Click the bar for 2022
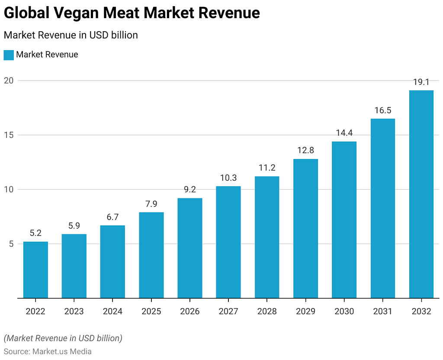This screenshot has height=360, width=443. pos(35,270)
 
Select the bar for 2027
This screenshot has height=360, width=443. pos(228,242)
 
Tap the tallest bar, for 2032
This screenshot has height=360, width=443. pos(421,194)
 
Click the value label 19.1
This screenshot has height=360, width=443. pos(421,82)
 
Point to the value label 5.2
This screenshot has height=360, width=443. pos(35,233)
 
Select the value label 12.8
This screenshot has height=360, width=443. pos(305,151)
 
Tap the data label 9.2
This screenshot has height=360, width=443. pos(190,190)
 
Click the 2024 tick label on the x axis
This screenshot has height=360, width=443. pos(112,311)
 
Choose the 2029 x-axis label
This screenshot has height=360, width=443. pos(305,311)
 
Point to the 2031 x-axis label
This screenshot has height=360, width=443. pos(383,311)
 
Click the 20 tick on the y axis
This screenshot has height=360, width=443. pos(10,81)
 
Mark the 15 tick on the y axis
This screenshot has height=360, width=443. pos(10,135)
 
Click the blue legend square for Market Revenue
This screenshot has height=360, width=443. pos(9,55)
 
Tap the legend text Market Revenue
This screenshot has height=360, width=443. pos(47,55)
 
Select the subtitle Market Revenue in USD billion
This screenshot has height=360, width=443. pos(71,35)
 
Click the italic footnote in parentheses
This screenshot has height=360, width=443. pos(63,338)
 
